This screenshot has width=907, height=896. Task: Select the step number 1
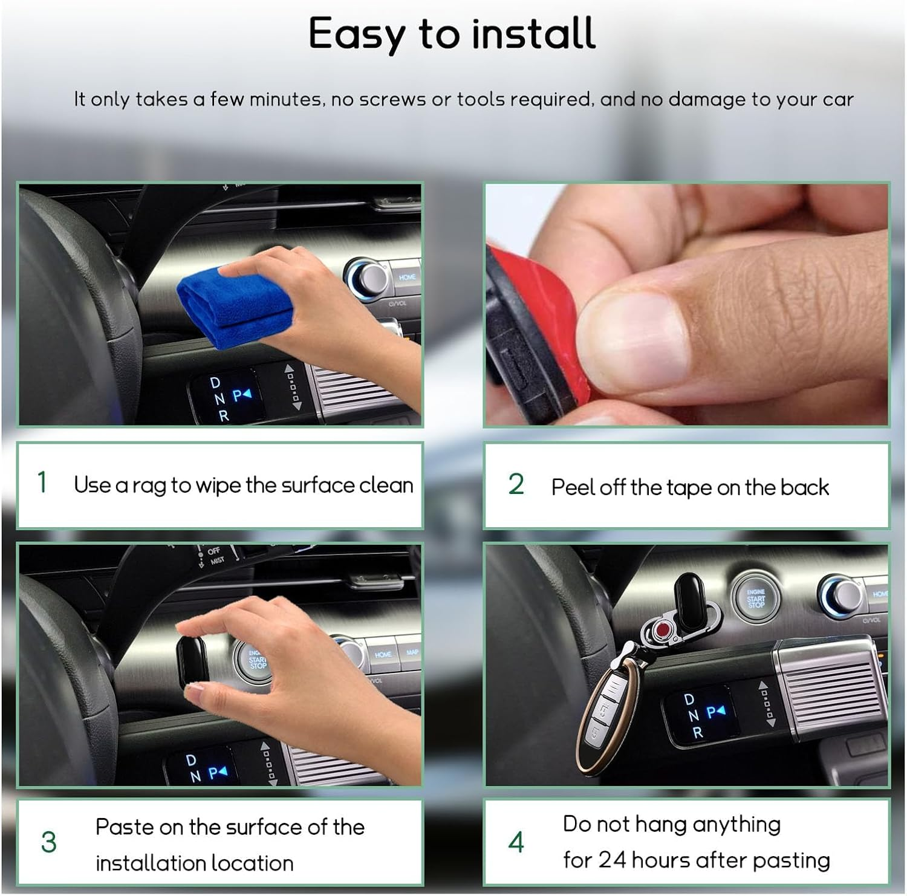[x=42, y=483]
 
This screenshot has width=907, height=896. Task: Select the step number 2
[x=516, y=484]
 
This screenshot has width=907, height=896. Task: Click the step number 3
[x=48, y=842]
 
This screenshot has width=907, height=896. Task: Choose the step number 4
[x=516, y=842]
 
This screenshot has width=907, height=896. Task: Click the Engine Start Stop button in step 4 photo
[x=755, y=598]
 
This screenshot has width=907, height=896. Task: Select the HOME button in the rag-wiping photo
[x=407, y=278]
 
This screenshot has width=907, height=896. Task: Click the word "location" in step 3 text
[x=248, y=863]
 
